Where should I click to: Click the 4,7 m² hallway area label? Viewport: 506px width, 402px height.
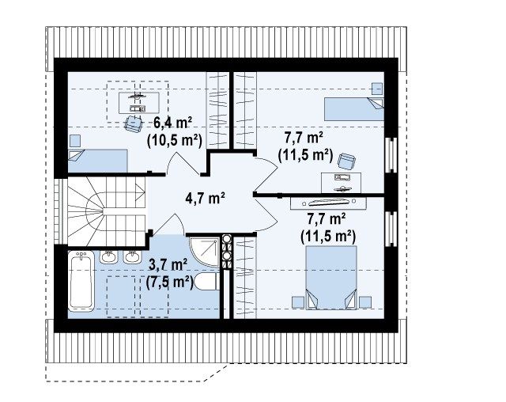[x=206, y=198]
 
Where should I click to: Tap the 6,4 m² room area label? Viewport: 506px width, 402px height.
[x=172, y=123]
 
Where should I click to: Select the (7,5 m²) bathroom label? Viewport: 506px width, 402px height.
[x=169, y=283]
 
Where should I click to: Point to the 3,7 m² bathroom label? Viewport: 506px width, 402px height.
[x=168, y=265]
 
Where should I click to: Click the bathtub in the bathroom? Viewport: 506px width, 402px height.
[x=81, y=282]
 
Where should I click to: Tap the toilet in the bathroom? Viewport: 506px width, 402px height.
[x=206, y=282]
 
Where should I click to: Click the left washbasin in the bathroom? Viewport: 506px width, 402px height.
[x=108, y=257]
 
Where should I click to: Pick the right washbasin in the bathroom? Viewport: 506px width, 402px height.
[x=133, y=257]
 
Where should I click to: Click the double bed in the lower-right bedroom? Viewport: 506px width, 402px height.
[x=331, y=278]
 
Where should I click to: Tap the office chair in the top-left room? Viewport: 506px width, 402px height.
[x=133, y=123]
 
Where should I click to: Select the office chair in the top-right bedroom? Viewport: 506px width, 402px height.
[x=346, y=161]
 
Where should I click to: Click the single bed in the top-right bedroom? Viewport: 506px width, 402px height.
[x=354, y=109]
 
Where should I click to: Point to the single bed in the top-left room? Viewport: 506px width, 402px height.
[x=98, y=161]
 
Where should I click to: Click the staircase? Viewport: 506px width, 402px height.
[x=107, y=212]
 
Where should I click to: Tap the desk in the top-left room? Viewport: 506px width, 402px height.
[x=139, y=103]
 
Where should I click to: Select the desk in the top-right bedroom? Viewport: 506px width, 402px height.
[x=341, y=183]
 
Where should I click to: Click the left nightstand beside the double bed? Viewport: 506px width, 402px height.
[x=298, y=302]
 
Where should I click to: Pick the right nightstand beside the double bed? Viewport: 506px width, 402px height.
[x=365, y=302]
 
